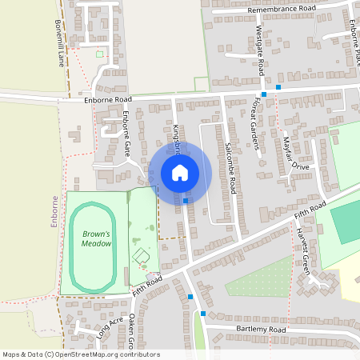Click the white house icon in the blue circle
coord(180,173)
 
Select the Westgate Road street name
coord(260,49)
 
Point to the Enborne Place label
coord(354,36)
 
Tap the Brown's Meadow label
coord(96,238)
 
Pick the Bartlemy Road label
coord(261,330)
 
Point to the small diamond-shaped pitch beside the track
coord(142,256)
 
